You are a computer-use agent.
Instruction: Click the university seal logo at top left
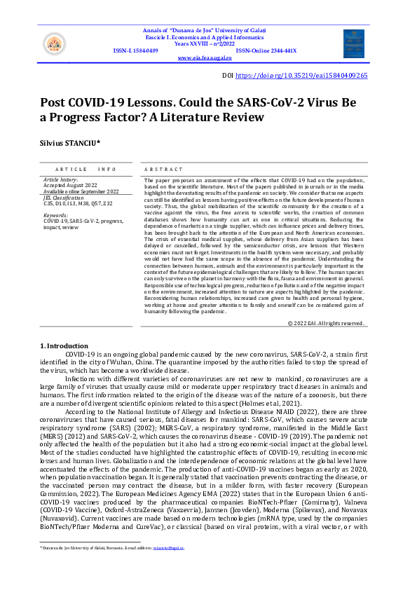click(55, 44)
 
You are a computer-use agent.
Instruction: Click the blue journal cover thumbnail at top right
click(354, 43)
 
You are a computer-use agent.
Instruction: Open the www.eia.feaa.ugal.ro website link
click(206, 58)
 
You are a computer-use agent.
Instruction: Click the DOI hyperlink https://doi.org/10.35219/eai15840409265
click(301, 75)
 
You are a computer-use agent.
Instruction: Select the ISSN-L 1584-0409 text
click(135, 51)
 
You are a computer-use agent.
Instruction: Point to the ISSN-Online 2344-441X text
click(266, 51)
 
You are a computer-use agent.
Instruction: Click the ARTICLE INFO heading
click(85, 170)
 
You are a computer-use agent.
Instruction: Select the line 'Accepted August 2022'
click(69, 185)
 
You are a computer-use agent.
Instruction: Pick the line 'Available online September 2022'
click(80, 191)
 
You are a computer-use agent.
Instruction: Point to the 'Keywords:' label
click(55, 215)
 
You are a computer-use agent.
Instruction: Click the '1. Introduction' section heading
click(64, 345)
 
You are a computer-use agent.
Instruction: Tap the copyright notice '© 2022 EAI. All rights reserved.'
click(327, 323)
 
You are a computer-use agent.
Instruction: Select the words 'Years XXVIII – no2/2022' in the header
click(205, 43)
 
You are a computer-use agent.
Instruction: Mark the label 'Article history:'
click(60, 179)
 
